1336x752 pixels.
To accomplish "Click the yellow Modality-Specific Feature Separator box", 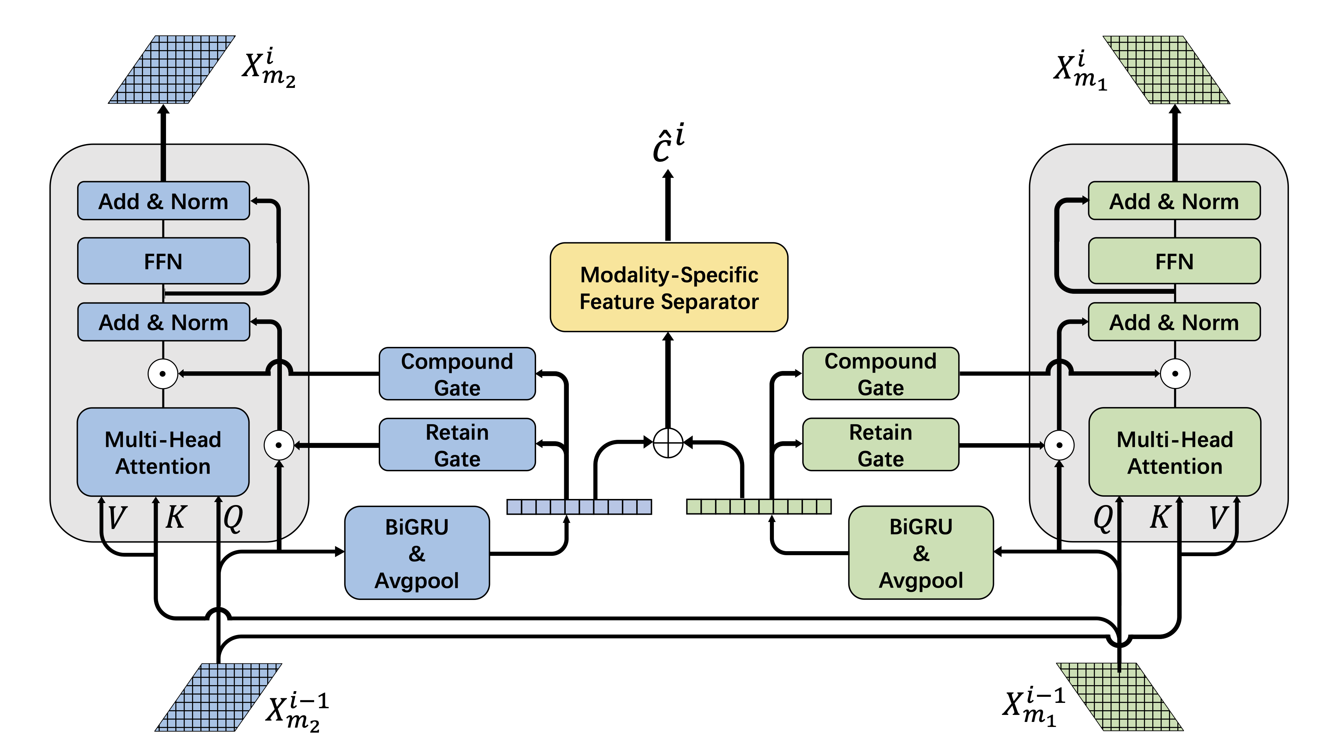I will tap(669, 287).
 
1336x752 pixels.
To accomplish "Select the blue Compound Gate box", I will tap(457, 374).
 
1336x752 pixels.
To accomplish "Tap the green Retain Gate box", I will tap(880, 445).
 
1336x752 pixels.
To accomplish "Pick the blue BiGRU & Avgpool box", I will tap(417, 553).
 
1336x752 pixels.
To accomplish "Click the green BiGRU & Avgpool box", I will tap(921, 553).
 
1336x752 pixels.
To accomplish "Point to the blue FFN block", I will tap(163, 261).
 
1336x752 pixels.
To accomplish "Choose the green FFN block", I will tap(1174, 261).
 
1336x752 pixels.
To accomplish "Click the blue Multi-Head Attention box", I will tap(163, 452).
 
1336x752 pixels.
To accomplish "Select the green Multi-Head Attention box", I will tap(1174, 452).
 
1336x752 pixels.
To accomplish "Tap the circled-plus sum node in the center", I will tap(668, 443).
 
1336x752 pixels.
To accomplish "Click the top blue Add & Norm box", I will tap(163, 201).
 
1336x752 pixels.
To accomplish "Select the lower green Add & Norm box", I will tap(1174, 322).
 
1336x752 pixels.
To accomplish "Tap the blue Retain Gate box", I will tap(457, 445).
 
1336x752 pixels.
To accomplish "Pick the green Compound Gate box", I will tap(880, 374).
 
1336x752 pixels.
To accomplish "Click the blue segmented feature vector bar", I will tap(579, 507).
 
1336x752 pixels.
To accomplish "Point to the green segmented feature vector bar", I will tap(758, 507).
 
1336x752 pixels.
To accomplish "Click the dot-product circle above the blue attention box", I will tap(163, 374).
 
